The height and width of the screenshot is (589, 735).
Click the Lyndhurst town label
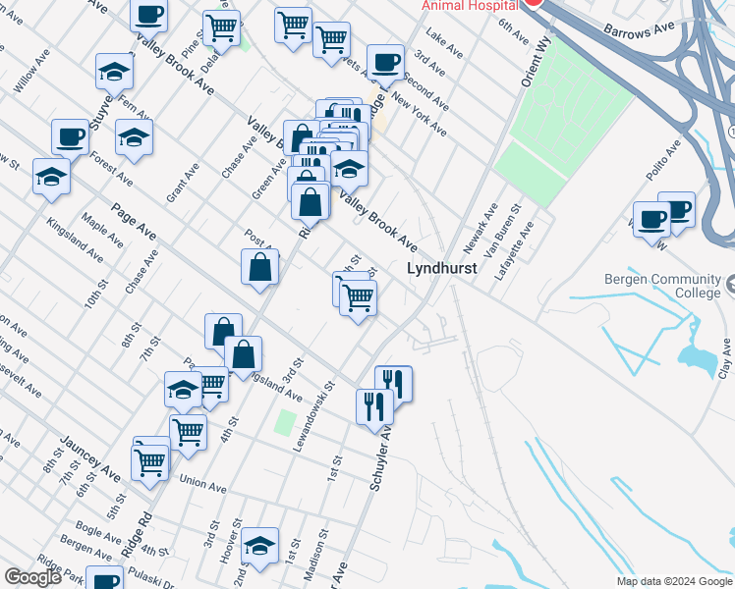coord(442,268)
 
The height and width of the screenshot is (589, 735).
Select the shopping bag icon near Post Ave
coord(259,267)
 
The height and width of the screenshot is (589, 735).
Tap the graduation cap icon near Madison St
coord(259,546)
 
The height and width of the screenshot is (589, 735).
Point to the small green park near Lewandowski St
coord(285,424)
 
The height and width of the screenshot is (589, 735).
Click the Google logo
coord(32,577)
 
